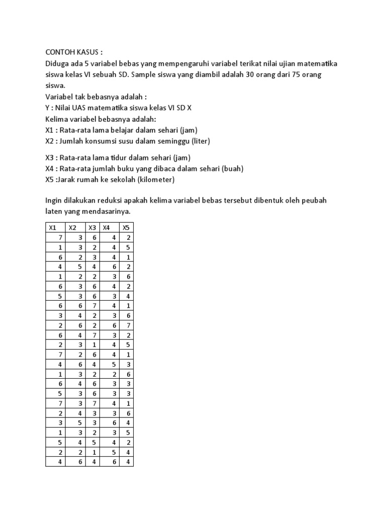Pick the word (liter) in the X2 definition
(199, 141)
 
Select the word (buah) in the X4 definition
(233, 168)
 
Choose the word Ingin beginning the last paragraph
(55, 201)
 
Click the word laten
(54, 212)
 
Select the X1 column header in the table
(52, 228)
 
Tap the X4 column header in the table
(106, 228)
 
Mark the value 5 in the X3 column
(94, 442)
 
